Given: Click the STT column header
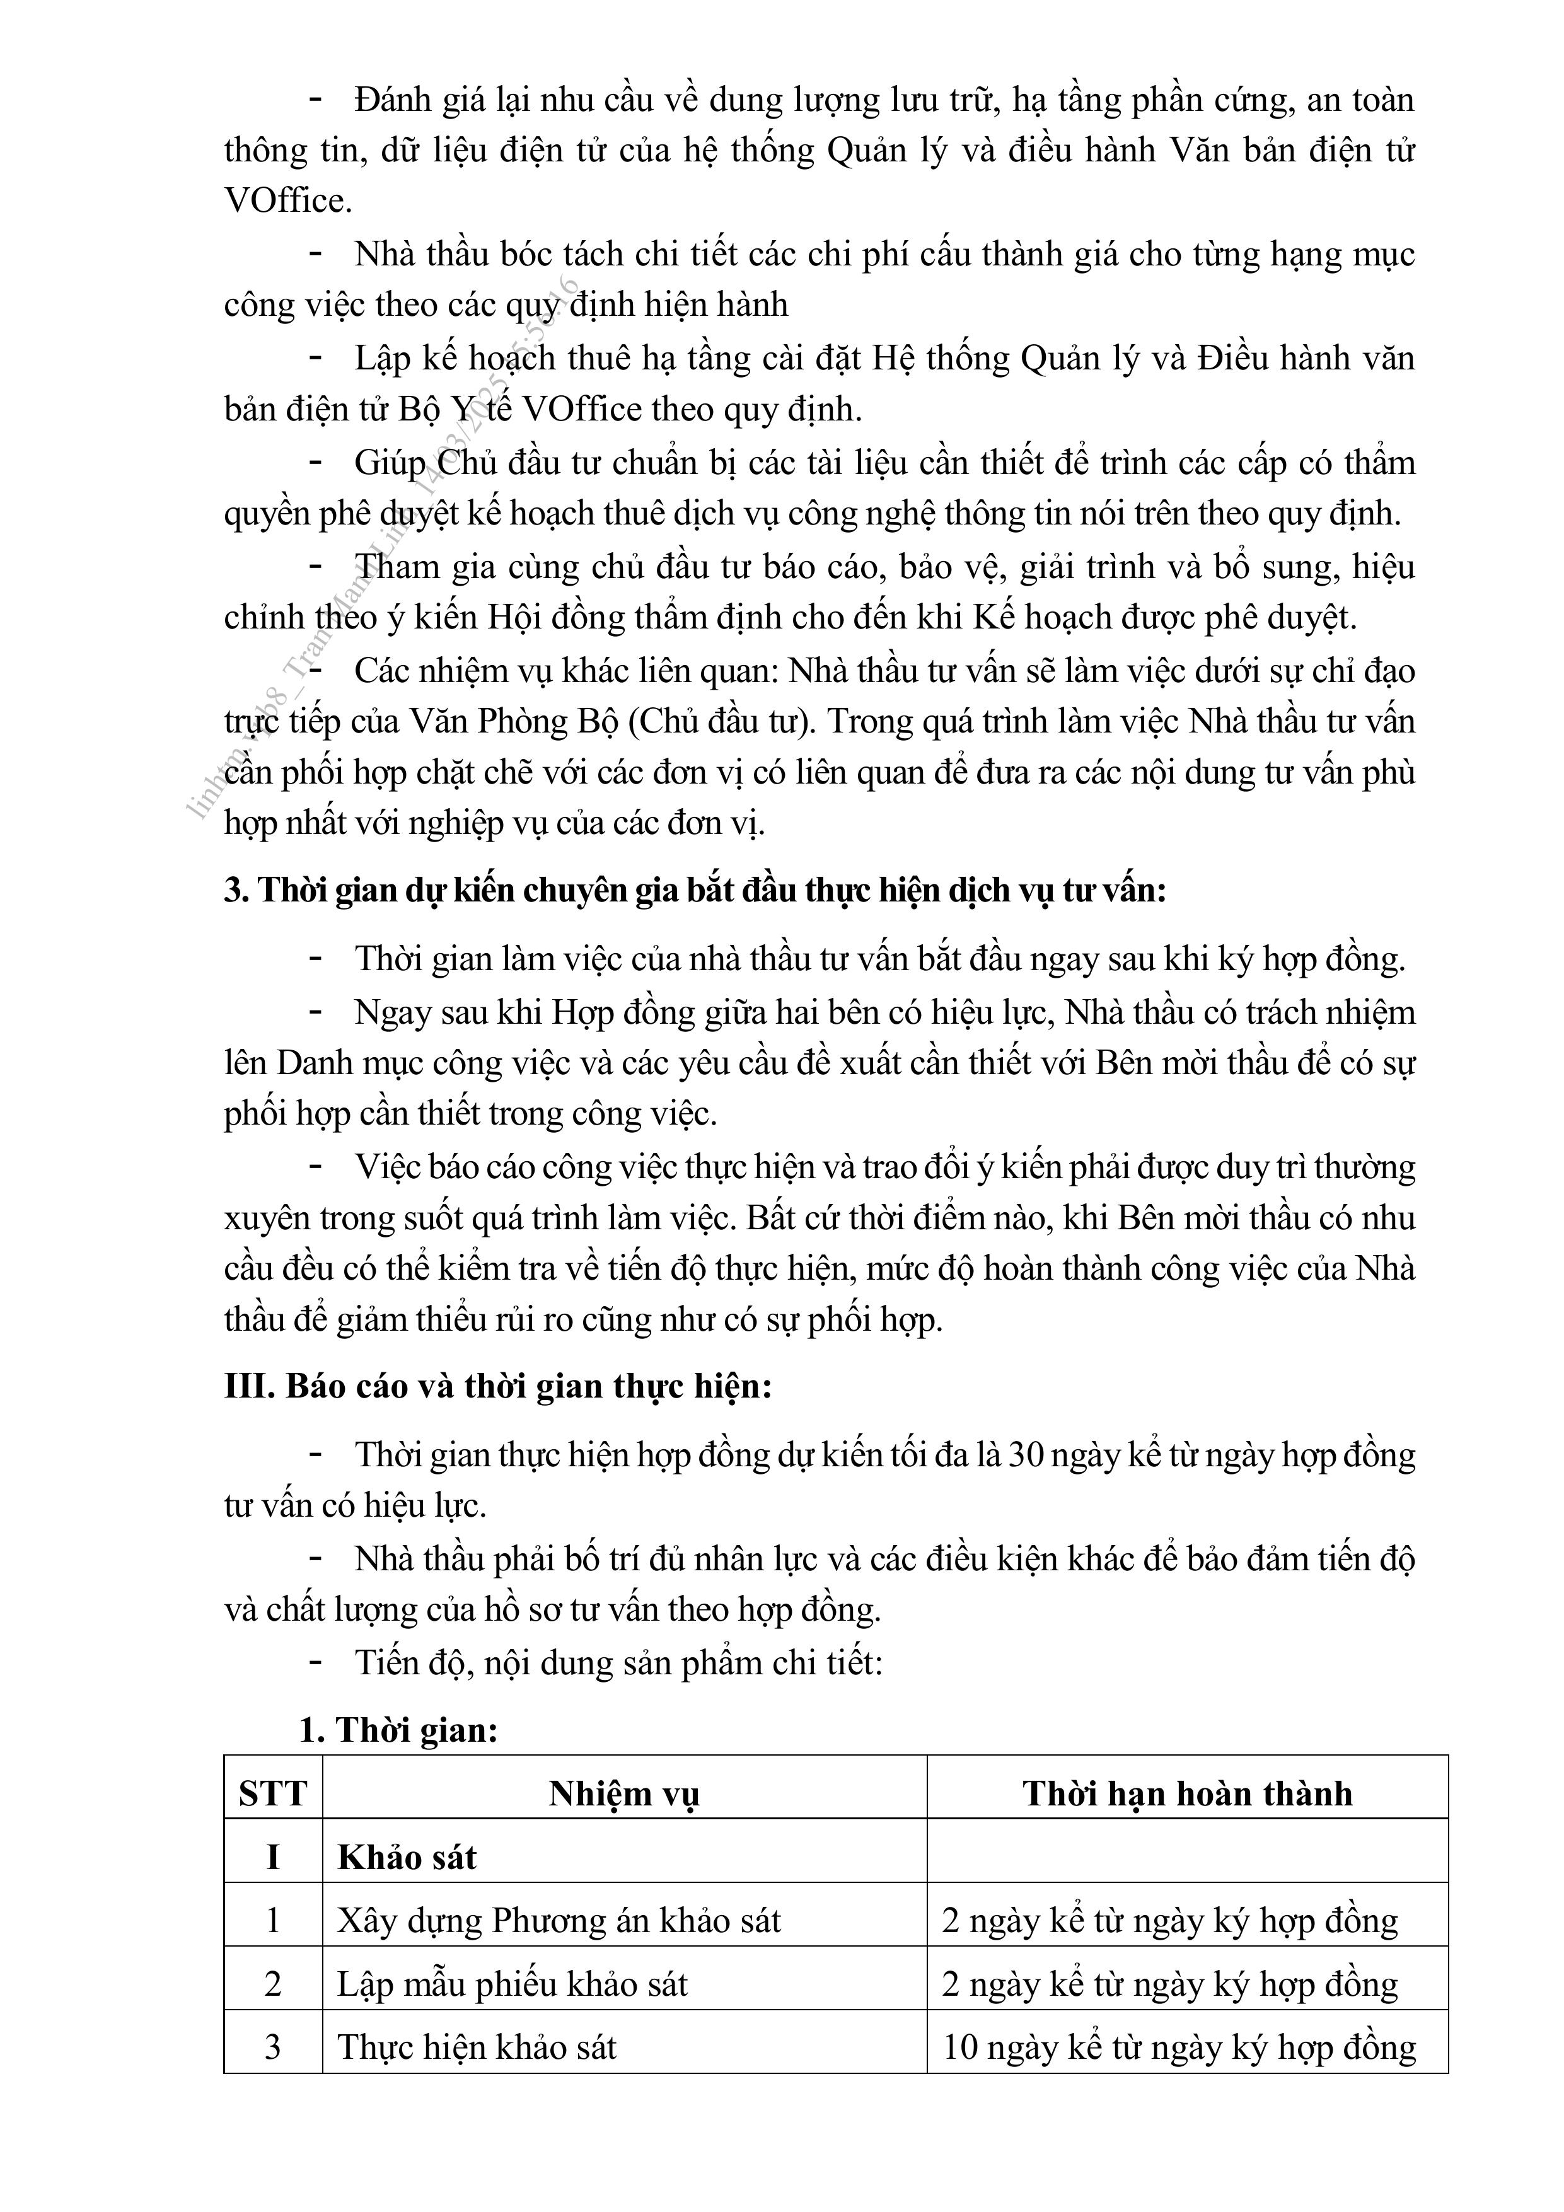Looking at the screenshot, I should [273, 1793].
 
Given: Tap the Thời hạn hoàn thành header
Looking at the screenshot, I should [1187, 1793].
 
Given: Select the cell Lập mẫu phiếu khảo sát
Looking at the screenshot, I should [513, 1984].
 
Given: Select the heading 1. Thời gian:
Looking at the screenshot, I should [398, 1730].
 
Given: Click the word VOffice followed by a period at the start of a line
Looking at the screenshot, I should [287, 200].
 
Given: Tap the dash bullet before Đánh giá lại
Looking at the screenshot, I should [315, 99].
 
